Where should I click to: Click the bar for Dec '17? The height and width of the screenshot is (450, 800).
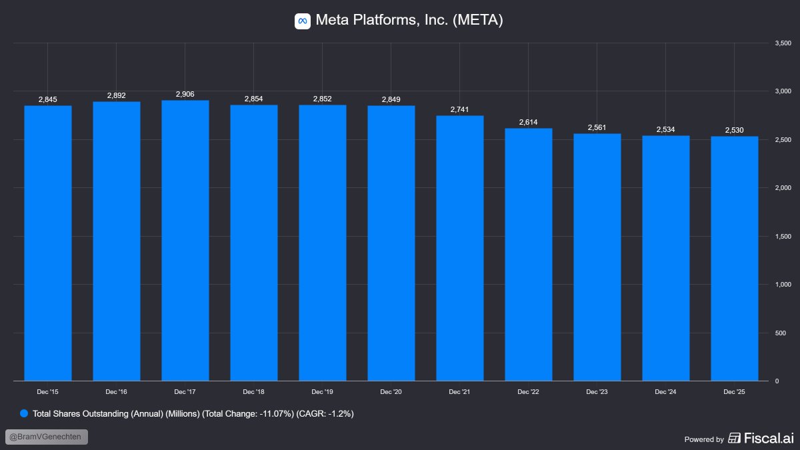[x=185, y=240]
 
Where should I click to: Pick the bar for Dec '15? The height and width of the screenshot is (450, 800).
[x=48, y=243]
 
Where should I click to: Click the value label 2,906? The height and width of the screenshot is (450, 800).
[x=185, y=95]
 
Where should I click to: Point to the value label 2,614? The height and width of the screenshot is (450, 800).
[x=529, y=123]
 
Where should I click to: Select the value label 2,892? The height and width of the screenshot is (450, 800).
[x=117, y=96]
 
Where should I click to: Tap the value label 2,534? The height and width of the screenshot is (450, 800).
[x=666, y=130]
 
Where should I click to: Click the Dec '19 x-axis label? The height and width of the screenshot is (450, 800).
[x=323, y=392]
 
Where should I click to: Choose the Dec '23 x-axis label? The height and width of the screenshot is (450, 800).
[x=597, y=392]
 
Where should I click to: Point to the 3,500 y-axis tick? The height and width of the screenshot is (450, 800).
[x=782, y=43]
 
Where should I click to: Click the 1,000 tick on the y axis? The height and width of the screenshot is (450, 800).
[x=782, y=285]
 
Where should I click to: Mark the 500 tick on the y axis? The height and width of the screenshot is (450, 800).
[x=779, y=333]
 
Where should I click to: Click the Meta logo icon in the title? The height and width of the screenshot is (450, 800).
[x=303, y=21]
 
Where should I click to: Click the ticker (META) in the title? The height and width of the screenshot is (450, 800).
[x=477, y=21]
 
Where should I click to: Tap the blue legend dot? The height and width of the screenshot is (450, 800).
[x=25, y=413]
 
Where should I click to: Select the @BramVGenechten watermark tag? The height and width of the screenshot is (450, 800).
[x=47, y=437]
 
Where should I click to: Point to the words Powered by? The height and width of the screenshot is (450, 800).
[x=704, y=439]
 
